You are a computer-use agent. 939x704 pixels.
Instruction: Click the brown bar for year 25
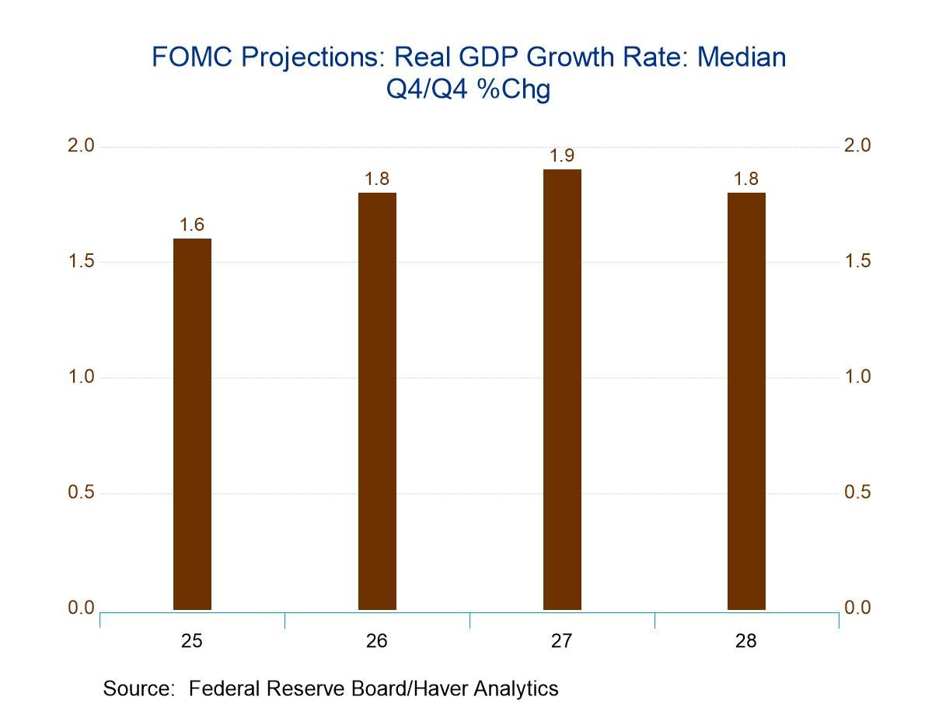[192, 423]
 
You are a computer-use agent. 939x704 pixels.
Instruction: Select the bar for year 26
[377, 401]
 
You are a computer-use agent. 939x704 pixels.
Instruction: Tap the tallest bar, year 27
[562, 389]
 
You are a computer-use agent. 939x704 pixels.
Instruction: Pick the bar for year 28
[746, 401]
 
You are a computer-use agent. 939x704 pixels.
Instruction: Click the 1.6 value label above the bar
[192, 225]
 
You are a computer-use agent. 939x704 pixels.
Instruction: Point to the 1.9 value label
[562, 155]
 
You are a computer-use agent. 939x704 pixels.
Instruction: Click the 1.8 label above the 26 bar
[377, 179]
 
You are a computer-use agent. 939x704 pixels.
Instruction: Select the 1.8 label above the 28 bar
[746, 179]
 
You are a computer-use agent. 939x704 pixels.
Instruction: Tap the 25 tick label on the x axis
[192, 641]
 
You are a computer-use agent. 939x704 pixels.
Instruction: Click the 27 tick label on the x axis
[562, 641]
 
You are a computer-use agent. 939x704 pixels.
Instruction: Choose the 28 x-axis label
[746, 641]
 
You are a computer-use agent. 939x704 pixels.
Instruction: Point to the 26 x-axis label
[377, 641]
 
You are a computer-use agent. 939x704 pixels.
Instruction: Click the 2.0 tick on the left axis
[80, 146]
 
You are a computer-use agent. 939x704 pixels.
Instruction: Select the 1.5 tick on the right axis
[858, 261]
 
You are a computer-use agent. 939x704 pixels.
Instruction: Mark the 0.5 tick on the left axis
[80, 493]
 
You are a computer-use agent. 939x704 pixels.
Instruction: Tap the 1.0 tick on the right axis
[858, 377]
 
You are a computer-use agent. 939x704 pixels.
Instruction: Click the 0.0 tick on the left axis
[80, 608]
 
